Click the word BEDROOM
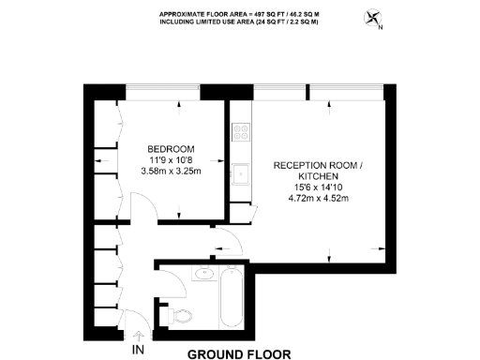click(171, 149)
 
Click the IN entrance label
click(139, 351)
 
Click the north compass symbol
click(375, 18)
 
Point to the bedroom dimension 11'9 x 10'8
click(171, 160)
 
